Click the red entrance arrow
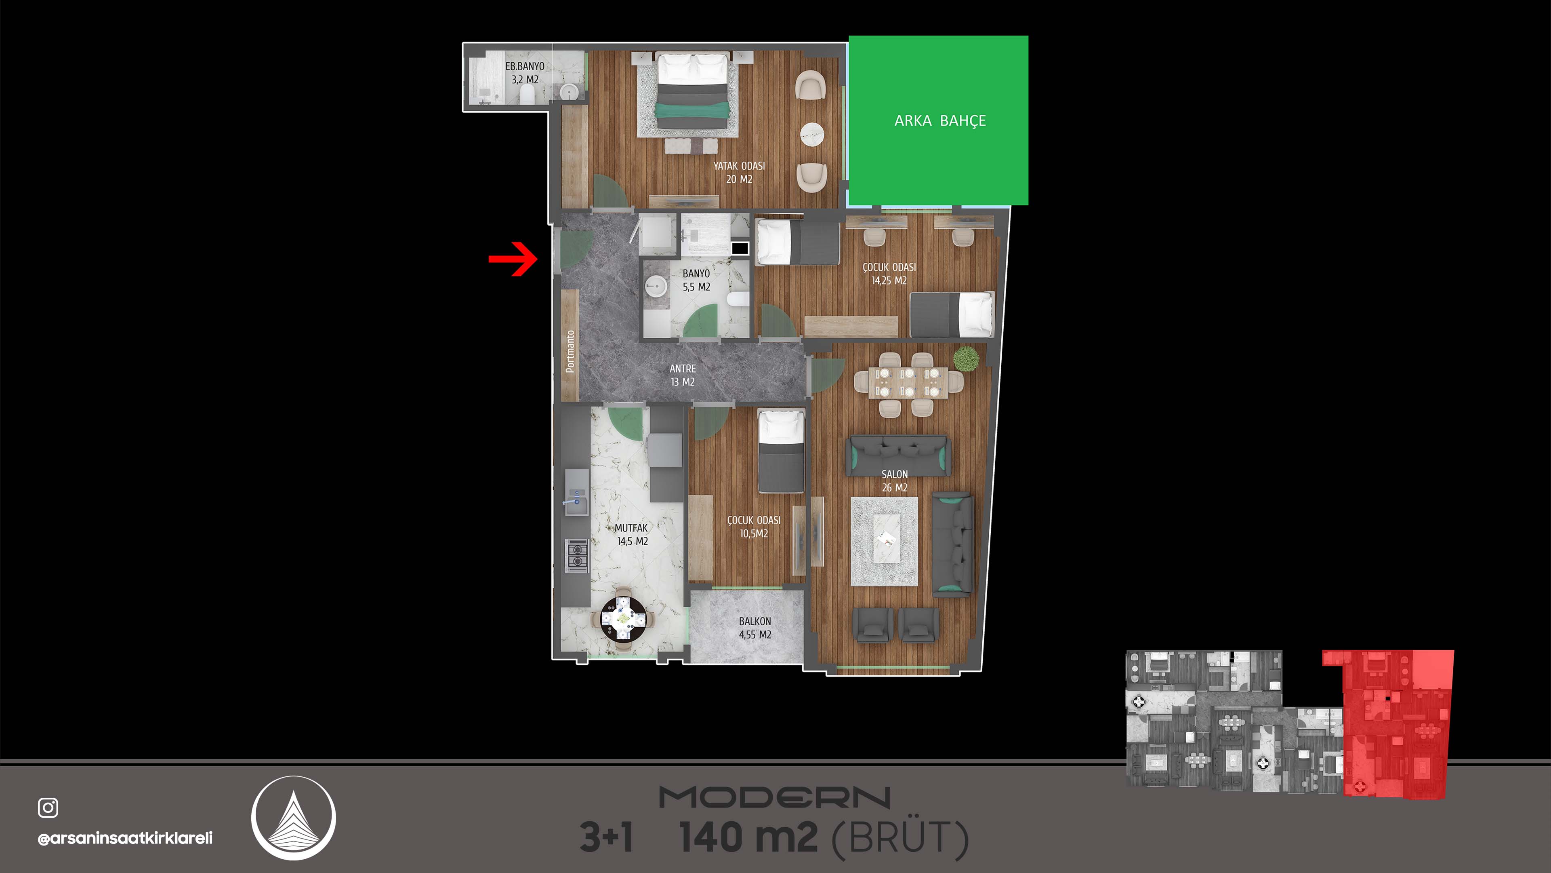click(513, 259)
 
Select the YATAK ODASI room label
click(739, 166)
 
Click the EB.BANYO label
click(524, 66)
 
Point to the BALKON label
click(755, 621)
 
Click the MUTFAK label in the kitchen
click(631, 528)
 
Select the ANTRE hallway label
click(683, 368)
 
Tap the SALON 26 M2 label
click(895, 481)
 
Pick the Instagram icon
click(48, 808)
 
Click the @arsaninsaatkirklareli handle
click(125, 838)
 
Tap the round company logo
click(293, 818)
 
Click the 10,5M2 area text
click(754, 533)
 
